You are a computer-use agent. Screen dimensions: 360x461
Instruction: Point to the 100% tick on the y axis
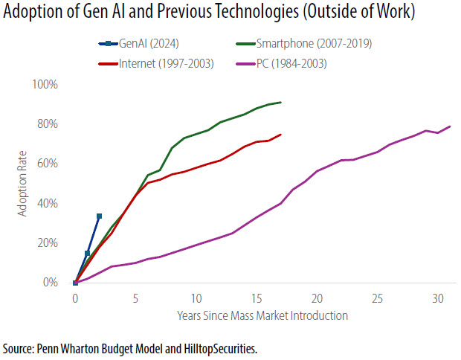click(45, 84)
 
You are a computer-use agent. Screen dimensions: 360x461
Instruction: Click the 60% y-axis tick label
click(47, 164)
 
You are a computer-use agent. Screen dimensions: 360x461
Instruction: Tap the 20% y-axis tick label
click(47, 242)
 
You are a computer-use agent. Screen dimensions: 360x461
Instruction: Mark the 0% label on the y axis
click(50, 283)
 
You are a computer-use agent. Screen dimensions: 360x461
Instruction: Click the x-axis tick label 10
click(196, 299)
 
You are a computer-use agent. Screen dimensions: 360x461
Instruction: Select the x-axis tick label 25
click(377, 299)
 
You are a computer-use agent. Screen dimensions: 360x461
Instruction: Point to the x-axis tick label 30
click(437, 299)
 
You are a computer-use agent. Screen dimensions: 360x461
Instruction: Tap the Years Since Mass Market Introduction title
click(262, 315)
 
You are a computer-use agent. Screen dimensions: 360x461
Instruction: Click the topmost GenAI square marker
click(99, 216)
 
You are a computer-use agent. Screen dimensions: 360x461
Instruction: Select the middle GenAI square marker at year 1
click(87, 254)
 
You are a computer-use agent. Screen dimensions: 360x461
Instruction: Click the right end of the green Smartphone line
click(280, 103)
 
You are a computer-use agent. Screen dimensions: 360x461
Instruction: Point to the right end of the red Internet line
click(280, 135)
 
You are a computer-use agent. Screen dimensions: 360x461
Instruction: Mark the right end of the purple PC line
click(450, 126)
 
